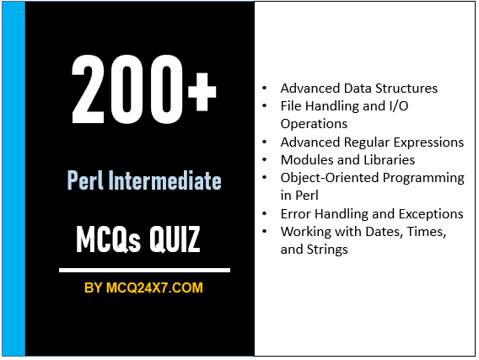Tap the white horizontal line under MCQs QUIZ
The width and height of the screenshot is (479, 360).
pos(143,271)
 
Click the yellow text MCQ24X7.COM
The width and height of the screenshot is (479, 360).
pos(154,287)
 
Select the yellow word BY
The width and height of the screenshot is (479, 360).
pos(94,287)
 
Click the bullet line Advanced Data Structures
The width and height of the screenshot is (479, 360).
pos(358,88)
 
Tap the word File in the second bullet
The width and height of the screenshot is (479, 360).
pos(292,105)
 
